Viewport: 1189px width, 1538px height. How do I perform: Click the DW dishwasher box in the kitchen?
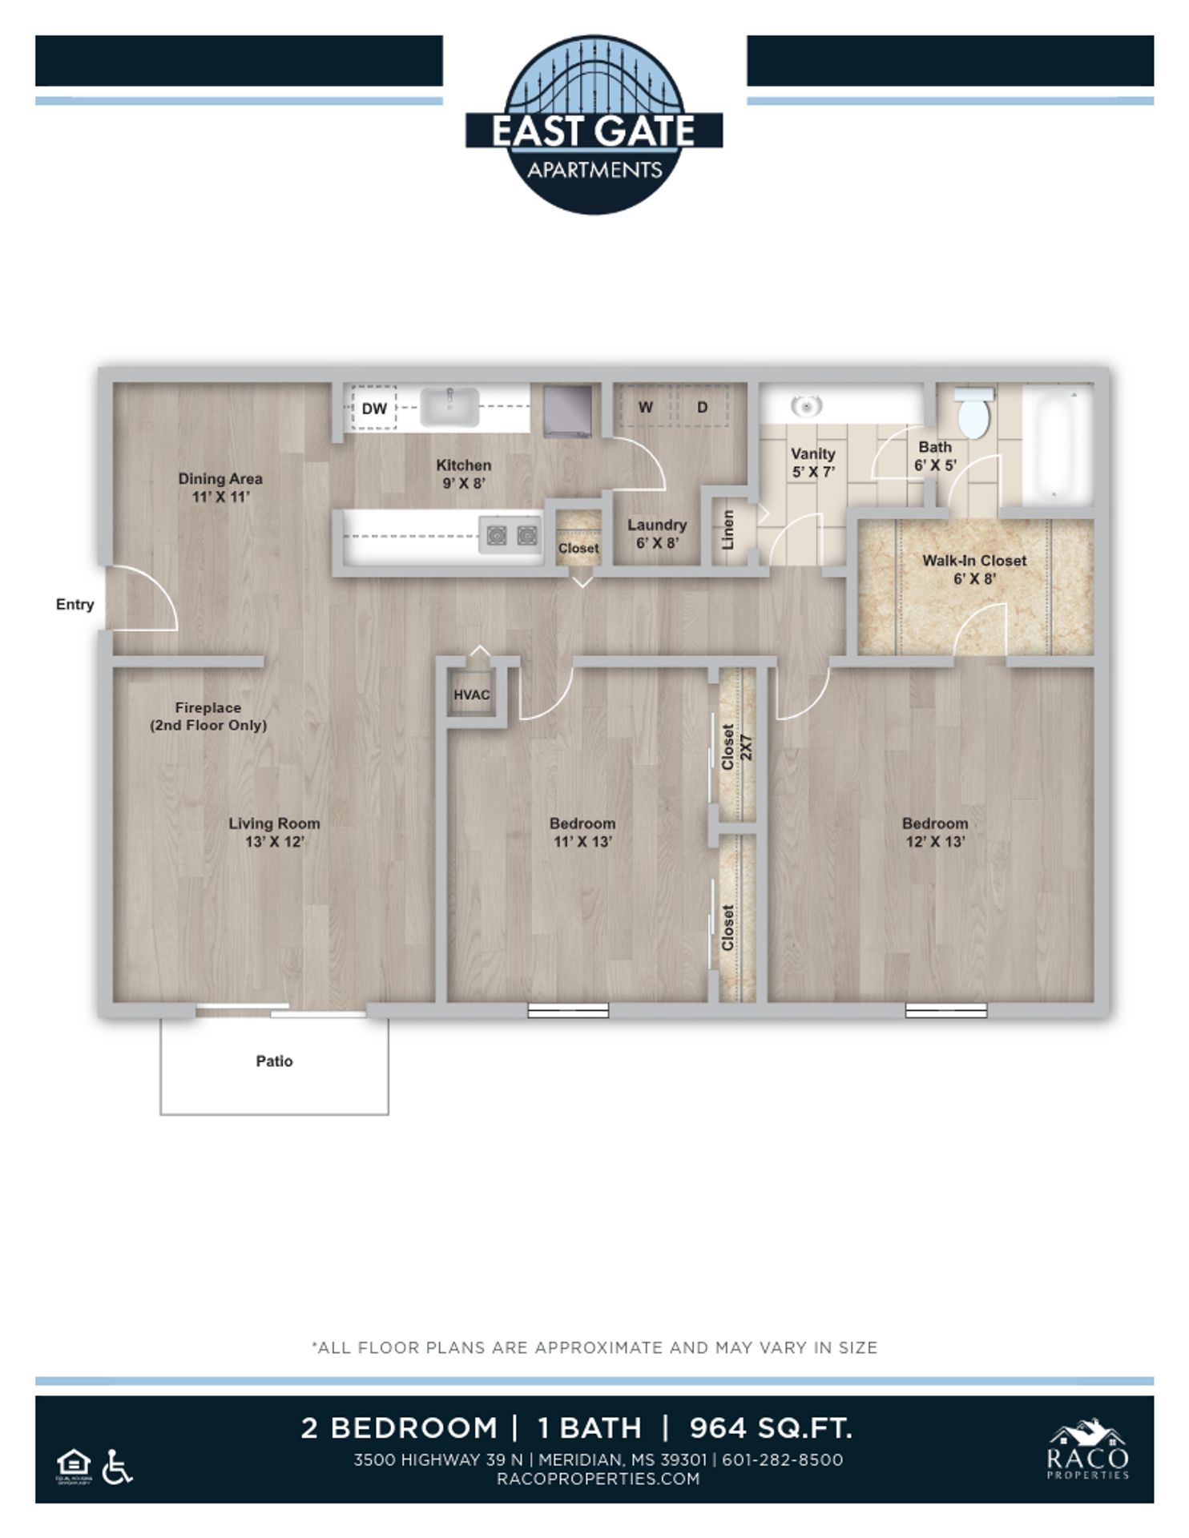pos(373,409)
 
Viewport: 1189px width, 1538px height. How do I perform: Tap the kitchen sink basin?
pos(449,407)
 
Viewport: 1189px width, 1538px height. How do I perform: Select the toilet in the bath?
pos(973,413)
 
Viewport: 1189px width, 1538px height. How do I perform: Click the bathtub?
pos(1058,445)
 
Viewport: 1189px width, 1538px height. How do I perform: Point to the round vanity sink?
pos(805,406)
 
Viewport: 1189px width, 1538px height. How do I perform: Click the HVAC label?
pos(471,695)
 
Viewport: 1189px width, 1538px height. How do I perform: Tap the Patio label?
pos(274,1061)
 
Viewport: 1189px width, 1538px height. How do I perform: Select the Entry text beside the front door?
pos(75,605)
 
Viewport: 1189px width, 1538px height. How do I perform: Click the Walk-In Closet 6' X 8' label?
pos(973,570)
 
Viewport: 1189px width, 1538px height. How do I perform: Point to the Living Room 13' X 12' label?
pos(274,832)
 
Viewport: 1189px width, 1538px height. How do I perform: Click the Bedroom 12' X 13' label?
pos(934,832)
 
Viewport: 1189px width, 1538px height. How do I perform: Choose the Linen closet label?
pos(728,530)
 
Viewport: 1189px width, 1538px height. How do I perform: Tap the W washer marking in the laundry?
pos(645,407)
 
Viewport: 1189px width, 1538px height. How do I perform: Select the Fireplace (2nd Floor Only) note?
pos(208,716)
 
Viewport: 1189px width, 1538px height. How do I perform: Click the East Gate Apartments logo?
pos(594,126)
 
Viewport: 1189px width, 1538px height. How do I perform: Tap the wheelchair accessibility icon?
pos(118,1468)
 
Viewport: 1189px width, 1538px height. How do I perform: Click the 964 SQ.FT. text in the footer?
pos(770,1428)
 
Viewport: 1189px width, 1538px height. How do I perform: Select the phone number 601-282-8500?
pos(782,1459)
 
